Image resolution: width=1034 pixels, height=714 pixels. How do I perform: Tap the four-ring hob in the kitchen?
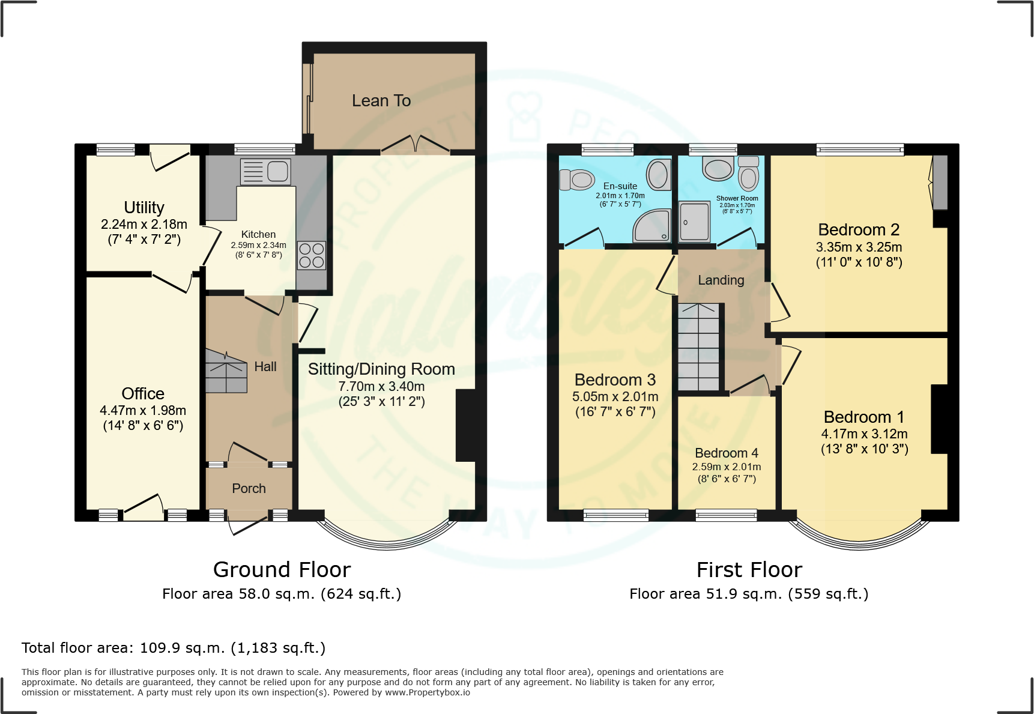pyautogui.click(x=312, y=255)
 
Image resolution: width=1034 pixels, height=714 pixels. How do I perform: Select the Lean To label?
pyautogui.click(x=381, y=101)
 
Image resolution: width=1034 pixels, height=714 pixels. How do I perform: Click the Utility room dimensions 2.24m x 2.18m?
pyautogui.click(x=144, y=224)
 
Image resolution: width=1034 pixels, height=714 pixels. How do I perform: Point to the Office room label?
pyautogui.click(x=143, y=393)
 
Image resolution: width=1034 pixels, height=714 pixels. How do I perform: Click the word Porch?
pyautogui.click(x=249, y=488)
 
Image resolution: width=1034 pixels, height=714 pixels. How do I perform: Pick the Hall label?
pyautogui.click(x=265, y=366)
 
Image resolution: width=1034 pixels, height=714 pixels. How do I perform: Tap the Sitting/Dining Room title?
pyautogui.click(x=381, y=369)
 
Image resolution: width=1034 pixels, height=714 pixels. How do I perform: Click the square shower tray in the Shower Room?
pyautogui.click(x=695, y=221)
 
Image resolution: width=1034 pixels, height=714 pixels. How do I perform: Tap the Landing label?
pyautogui.click(x=721, y=280)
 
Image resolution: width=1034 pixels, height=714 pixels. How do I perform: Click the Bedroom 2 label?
pyautogui.click(x=858, y=229)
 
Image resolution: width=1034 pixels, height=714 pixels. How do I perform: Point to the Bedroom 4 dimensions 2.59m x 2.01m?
pyautogui.click(x=726, y=467)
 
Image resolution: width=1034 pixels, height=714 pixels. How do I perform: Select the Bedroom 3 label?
pyautogui.click(x=614, y=380)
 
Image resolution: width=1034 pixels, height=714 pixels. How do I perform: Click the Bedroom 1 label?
pyautogui.click(x=863, y=417)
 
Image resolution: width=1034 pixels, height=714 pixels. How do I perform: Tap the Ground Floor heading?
pyautogui.click(x=282, y=569)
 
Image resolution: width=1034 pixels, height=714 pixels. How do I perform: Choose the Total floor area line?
pyautogui.click(x=174, y=648)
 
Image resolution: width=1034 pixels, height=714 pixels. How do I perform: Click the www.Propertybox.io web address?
pyautogui.click(x=427, y=692)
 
